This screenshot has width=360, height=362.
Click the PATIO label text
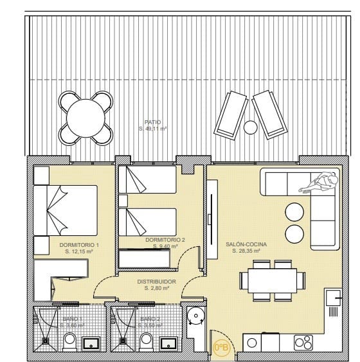pyautogui.click(x=153, y=122)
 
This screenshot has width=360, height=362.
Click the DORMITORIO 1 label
pyautogui.click(x=79, y=246)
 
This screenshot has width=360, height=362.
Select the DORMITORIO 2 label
pyautogui.click(x=166, y=240)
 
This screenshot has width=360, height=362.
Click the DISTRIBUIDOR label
pyautogui.click(x=157, y=282)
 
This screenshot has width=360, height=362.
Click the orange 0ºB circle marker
pyautogui.click(x=221, y=348)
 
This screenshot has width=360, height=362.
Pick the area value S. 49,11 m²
pyautogui.click(x=153, y=129)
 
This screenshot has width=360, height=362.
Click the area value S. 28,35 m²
pyautogui.click(x=244, y=251)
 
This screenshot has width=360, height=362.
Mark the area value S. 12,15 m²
pyautogui.click(x=79, y=252)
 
